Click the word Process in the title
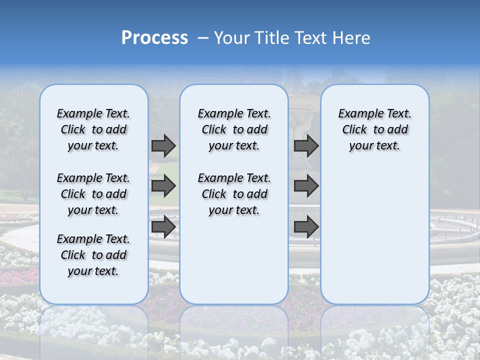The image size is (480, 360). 154,38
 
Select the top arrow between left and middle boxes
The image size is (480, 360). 163,145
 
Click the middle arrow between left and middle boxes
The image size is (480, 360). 163,186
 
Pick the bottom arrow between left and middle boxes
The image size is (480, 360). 163,227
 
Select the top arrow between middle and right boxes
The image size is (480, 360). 306,145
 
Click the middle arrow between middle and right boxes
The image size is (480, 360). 306,186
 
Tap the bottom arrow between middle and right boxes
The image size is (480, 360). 306,227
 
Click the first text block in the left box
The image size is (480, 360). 93,129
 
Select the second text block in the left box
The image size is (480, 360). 93,194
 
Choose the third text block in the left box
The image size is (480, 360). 93,255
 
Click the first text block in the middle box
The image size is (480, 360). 234,129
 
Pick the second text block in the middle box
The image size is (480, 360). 234,194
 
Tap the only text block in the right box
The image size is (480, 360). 374,129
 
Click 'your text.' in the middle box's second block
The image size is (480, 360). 234,210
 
